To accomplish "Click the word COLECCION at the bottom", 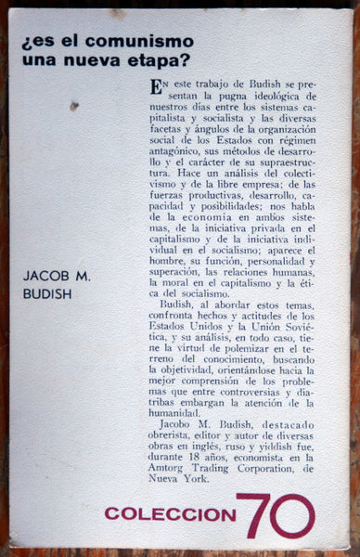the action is pos(170,512).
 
